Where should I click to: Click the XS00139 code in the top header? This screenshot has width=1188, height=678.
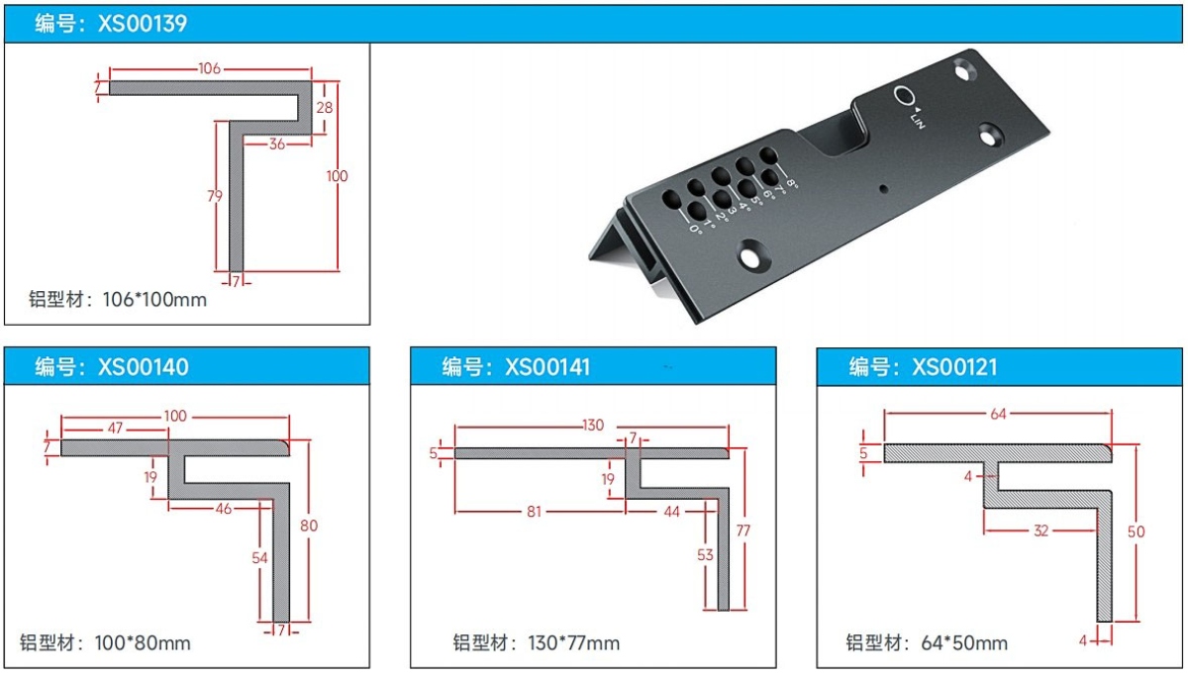pyautogui.click(x=143, y=24)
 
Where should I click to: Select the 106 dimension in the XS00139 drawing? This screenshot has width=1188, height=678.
pyautogui.click(x=210, y=68)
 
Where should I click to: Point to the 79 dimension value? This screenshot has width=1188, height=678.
pyautogui.click(x=215, y=196)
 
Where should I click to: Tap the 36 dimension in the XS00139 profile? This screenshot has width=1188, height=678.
pyautogui.click(x=277, y=145)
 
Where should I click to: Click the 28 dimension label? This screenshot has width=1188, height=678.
pyautogui.click(x=325, y=108)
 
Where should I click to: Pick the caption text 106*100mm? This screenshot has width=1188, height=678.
pyautogui.click(x=154, y=300)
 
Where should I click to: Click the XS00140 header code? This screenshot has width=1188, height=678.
pyautogui.click(x=144, y=367)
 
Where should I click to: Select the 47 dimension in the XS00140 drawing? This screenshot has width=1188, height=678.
pyautogui.click(x=115, y=428)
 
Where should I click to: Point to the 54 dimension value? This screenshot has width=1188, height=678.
pyautogui.click(x=259, y=557)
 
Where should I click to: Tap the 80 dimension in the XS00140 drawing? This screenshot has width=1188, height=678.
pyautogui.click(x=309, y=526)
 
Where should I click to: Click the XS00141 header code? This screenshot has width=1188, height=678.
pyautogui.click(x=547, y=367)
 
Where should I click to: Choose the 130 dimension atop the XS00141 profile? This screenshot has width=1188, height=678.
pyautogui.click(x=593, y=426)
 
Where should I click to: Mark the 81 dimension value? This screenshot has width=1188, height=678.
pyautogui.click(x=534, y=512)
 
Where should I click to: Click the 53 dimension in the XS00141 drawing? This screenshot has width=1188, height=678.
pyautogui.click(x=705, y=555)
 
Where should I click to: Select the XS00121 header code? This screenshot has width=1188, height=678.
pyautogui.click(x=954, y=367)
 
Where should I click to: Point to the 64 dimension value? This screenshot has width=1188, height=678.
pyautogui.click(x=998, y=414)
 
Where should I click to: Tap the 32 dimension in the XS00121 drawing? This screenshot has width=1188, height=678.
pyautogui.click(x=1041, y=531)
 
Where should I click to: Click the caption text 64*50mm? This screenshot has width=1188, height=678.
pyautogui.click(x=964, y=643)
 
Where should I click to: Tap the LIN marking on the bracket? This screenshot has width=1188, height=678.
pyautogui.click(x=918, y=121)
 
